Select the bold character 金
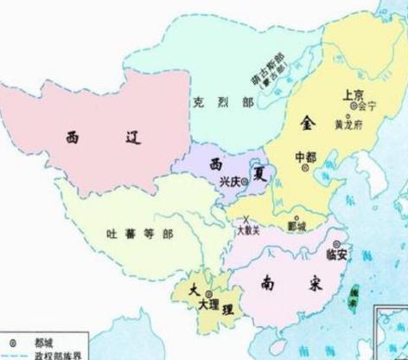pos(310,121)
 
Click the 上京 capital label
pos(354,93)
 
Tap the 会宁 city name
pos(372,106)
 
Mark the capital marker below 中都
pos(307,170)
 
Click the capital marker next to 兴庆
pos(245,182)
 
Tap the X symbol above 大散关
pos(248,218)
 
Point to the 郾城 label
pos(296,227)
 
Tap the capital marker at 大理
pos(210,295)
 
